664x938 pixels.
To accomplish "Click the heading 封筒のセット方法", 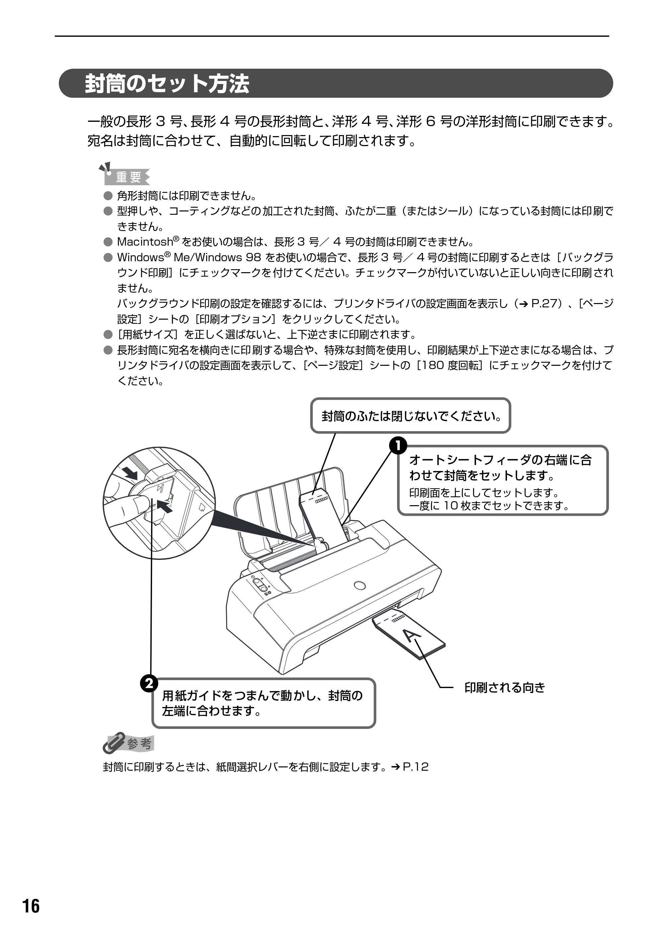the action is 167,84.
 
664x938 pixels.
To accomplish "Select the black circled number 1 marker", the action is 398,445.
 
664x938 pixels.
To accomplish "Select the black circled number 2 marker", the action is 149,683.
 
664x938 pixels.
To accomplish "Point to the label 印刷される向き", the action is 505,688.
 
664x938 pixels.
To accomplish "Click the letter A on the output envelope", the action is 412,635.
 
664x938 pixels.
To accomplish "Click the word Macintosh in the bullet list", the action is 145,242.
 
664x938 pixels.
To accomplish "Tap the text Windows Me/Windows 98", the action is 189,258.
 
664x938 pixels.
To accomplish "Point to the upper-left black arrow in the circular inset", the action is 130,473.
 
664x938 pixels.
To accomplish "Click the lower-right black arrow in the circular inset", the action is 164,507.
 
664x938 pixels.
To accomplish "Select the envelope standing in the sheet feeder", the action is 323,515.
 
